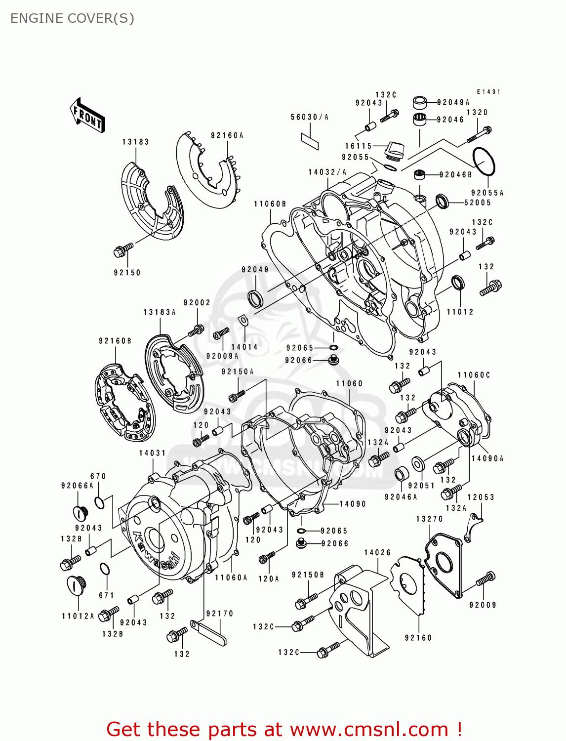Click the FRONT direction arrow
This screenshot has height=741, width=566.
88,116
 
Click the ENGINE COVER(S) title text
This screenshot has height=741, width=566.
72,18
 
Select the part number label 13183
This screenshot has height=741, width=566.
135,142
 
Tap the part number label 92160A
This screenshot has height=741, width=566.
227,135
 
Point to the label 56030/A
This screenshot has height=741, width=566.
309,117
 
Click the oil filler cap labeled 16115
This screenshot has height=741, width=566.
395,150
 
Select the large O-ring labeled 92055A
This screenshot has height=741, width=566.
484,161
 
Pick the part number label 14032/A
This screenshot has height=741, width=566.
327,172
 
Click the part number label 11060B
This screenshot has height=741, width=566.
270,204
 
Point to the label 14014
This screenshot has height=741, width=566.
244,347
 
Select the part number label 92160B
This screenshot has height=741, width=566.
115,341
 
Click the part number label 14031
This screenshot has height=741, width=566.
152,453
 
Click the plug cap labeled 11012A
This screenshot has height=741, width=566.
76,585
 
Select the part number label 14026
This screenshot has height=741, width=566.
377,552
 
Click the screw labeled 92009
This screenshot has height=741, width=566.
485,579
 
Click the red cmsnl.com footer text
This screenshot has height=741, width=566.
284,729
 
